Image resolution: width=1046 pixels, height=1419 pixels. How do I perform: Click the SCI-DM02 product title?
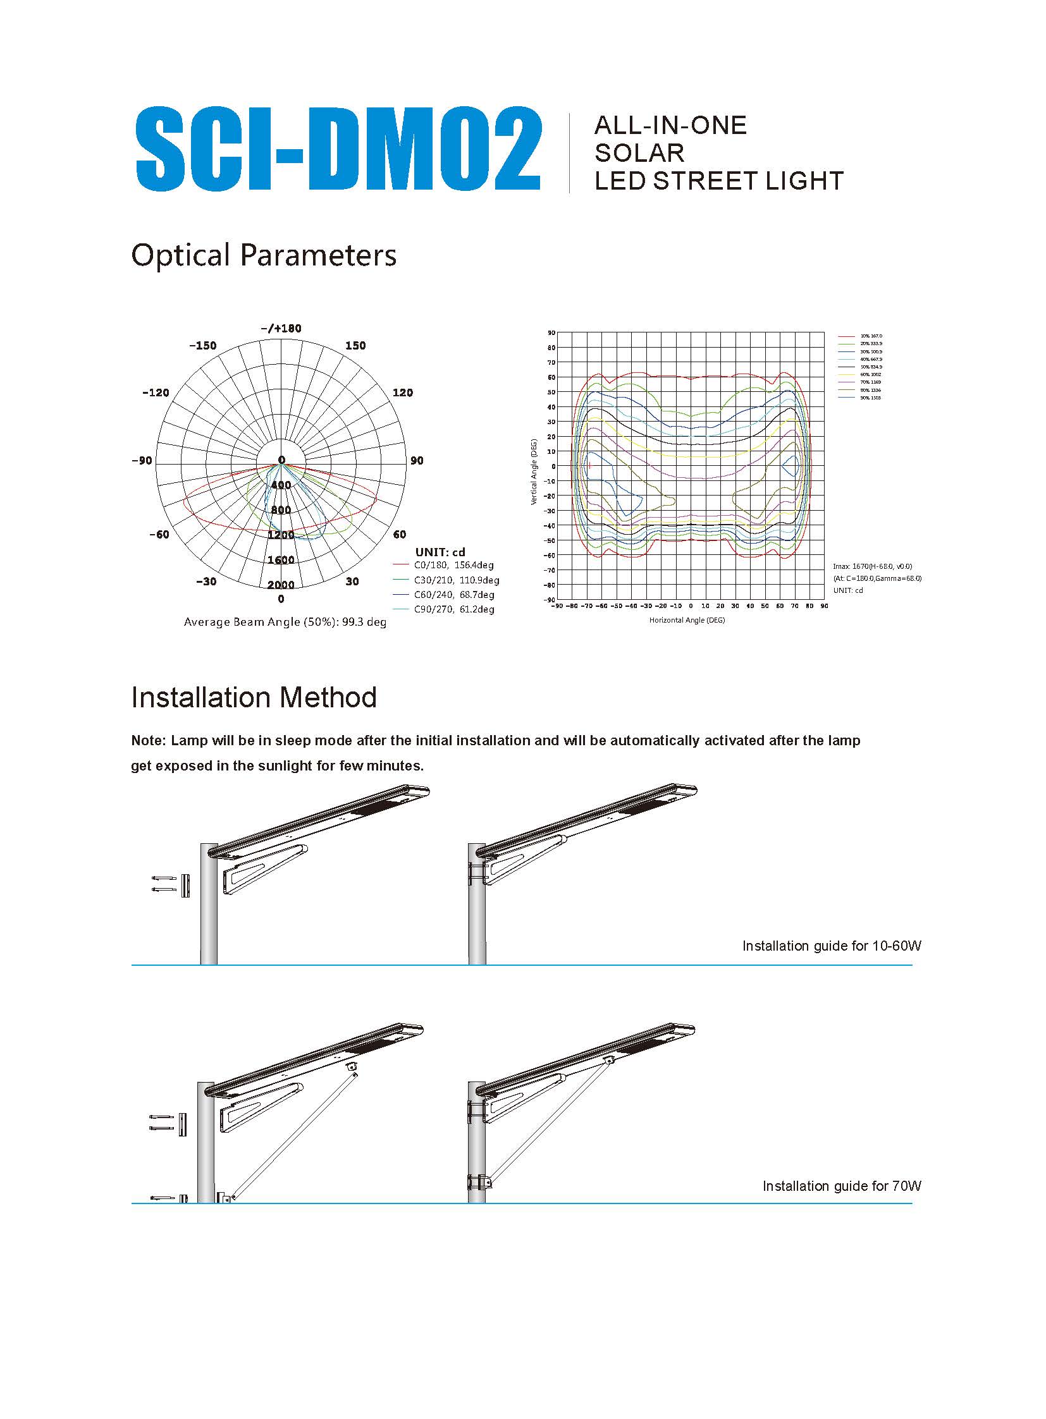[338, 149]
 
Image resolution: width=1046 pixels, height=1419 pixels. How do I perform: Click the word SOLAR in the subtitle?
[639, 153]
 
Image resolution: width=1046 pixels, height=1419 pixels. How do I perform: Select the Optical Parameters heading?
[264, 256]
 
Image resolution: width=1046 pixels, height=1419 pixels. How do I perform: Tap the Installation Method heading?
[254, 697]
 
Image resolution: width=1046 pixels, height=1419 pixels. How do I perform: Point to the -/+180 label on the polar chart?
[281, 329]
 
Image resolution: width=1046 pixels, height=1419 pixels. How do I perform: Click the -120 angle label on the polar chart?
[156, 393]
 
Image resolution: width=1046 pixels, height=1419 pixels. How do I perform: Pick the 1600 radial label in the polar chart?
[281, 560]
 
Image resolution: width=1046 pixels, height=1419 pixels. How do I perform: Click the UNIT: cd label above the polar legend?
[440, 552]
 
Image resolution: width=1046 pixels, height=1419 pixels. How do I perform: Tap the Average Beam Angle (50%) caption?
[285, 622]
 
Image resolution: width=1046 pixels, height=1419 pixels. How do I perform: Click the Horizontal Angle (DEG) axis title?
[687, 620]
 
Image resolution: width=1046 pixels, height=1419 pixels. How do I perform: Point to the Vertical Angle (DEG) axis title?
[534, 472]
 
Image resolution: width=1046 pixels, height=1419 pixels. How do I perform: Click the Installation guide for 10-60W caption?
[832, 946]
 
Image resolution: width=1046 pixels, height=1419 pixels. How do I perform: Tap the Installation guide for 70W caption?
[842, 1186]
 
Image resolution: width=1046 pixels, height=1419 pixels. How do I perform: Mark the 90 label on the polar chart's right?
[417, 461]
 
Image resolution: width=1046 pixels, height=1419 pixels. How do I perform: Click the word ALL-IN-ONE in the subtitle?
[670, 125]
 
